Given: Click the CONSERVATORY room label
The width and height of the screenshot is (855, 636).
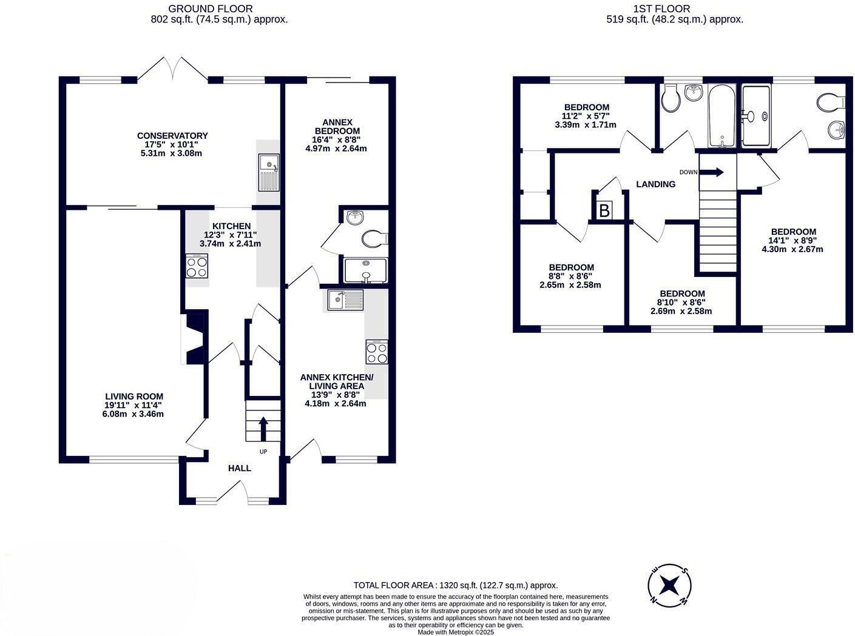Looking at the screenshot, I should (172, 136).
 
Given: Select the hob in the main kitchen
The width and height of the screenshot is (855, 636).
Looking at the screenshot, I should (197, 266).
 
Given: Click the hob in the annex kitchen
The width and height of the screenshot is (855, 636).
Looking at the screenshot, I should (376, 352).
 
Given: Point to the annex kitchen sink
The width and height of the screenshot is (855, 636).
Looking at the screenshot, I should (345, 299).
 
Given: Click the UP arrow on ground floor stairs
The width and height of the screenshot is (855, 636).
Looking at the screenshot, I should (263, 428).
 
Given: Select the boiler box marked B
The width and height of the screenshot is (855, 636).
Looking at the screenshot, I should (604, 211).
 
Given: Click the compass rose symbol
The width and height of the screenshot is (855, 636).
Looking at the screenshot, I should (670, 585).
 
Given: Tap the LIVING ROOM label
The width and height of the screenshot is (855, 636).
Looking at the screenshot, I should (133, 397).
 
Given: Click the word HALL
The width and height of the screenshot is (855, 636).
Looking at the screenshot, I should (239, 468).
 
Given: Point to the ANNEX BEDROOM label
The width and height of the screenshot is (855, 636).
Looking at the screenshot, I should (337, 127).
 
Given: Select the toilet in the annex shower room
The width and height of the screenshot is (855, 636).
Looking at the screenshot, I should (373, 238).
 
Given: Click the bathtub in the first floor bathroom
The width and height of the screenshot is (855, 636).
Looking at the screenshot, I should (722, 115).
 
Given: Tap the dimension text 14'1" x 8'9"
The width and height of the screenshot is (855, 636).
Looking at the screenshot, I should (793, 240).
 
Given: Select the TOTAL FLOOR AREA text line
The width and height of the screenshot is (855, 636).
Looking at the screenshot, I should (456, 585).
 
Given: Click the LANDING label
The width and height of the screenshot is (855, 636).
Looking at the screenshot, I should (655, 184).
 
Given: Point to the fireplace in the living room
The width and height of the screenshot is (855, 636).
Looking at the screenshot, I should (195, 338).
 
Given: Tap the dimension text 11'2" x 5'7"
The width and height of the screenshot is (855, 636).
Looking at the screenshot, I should (586, 116).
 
